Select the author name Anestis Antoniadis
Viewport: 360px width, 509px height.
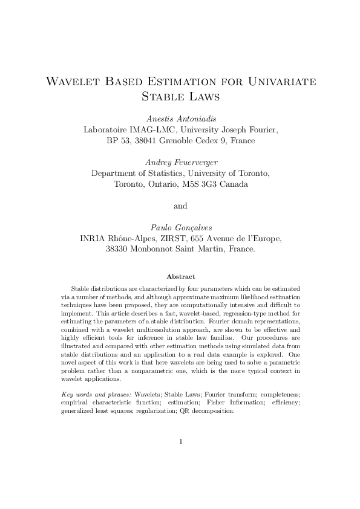[180, 117]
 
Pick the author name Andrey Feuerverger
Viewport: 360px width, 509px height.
[180, 161]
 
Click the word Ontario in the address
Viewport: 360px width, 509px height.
[171, 184]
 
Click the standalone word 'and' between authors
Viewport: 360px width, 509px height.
[180, 206]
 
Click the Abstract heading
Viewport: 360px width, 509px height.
[180, 276]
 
